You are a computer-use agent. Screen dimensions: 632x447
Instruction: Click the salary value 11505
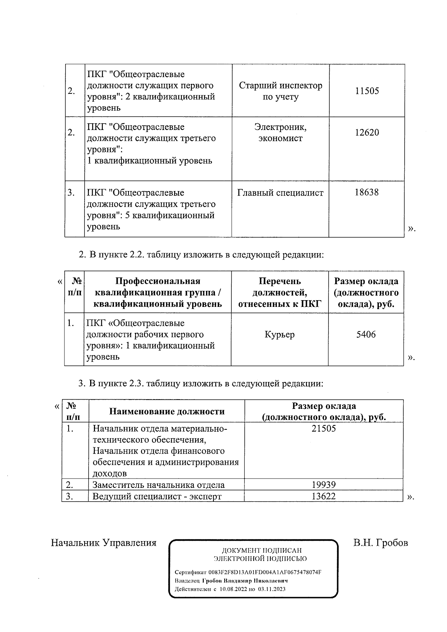(367, 91)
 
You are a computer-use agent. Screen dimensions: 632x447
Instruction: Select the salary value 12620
(367, 133)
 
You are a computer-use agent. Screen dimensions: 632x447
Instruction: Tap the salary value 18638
(367, 192)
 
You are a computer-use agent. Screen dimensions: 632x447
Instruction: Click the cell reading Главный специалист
(280, 193)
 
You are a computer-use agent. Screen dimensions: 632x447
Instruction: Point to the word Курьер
(280, 334)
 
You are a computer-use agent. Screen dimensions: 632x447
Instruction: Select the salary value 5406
(366, 334)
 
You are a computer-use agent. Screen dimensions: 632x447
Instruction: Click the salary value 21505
(324, 429)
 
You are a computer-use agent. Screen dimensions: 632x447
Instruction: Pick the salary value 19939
(324, 485)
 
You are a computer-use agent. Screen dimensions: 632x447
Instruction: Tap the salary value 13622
(324, 496)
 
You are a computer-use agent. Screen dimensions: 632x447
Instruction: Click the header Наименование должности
(167, 412)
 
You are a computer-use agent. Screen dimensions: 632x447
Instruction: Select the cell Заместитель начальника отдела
(158, 485)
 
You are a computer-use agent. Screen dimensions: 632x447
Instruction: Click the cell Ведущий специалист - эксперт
(157, 496)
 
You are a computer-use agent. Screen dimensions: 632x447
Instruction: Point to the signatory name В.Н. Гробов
(380, 543)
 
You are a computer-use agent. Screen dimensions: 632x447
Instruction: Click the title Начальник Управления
(104, 543)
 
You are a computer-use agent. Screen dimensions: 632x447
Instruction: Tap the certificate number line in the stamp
(248, 572)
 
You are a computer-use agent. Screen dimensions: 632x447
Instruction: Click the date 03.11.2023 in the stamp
(272, 589)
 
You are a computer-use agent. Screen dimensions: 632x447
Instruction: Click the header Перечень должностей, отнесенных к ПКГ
(279, 292)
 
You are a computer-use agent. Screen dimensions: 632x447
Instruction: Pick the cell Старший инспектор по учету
(280, 91)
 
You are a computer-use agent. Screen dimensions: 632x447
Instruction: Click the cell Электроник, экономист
(280, 133)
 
